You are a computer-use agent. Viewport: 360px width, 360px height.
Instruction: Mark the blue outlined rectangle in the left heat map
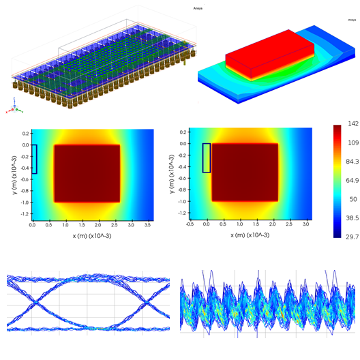pyautogui.click(x=34, y=159)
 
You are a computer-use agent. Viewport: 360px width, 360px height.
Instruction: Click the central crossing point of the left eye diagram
pyautogui.click(x=87, y=303)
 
